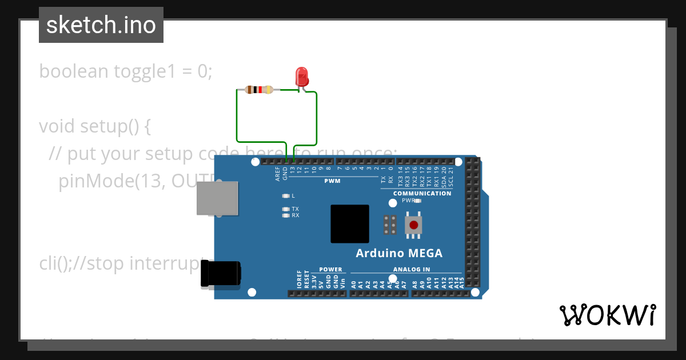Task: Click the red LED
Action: pos(301,77)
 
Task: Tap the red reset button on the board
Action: pos(413,225)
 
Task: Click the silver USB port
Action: pos(217,198)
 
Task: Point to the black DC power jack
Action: pos(221,274)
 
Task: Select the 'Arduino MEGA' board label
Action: pos(399,253)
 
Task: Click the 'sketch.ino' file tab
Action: pos(101,25)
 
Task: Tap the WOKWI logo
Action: pos(607,315)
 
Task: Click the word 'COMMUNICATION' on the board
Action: pos(422,193)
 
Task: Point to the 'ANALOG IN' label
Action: pos(412,269)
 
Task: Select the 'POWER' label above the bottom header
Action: pos(330,269)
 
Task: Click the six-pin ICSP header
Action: pos(390,225)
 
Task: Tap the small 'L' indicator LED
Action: pos(286,195)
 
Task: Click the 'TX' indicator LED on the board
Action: pos(286,209)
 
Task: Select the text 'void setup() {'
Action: pos(95,126)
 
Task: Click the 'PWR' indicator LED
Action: pos(418,201)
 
